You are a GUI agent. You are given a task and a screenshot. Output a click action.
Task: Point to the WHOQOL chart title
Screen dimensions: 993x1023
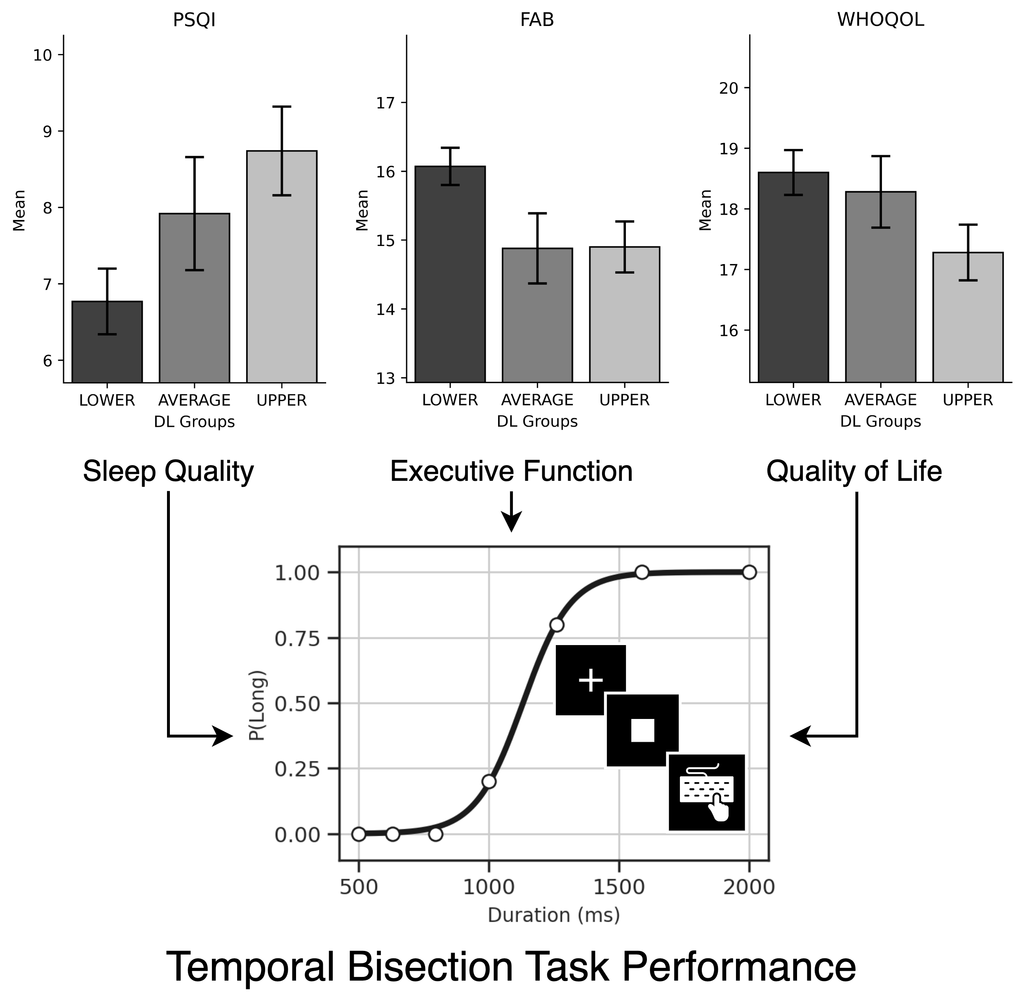coord(880,20)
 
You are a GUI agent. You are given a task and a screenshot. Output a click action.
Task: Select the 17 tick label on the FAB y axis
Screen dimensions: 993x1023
coord(385,103)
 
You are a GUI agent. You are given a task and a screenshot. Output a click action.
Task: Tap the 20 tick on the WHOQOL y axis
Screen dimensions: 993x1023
coord(729,88)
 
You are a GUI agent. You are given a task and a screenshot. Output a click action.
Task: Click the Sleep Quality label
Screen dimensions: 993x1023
coord(168,471)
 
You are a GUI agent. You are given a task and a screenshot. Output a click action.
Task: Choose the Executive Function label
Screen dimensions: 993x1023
coord(511,471)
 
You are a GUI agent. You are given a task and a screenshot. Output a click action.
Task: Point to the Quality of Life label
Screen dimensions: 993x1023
coord(854,471)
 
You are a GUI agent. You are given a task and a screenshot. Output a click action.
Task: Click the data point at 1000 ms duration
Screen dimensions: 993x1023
coord(489,781)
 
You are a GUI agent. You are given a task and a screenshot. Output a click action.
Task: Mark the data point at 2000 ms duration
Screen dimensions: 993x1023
coord(749,572)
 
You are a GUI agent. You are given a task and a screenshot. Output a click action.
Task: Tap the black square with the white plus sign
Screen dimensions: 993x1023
coord(590,680)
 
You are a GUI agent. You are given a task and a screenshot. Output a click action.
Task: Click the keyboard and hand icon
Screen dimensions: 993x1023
coord(707,792)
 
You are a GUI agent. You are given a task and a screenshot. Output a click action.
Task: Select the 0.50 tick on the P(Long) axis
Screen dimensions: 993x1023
coord(296,704)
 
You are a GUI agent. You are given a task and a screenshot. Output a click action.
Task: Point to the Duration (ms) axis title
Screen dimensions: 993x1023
coord(553,915)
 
